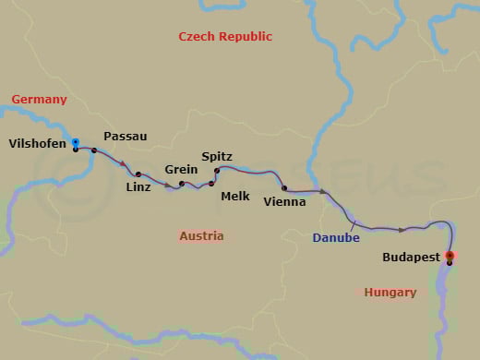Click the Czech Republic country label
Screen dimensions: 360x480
coord(226,37)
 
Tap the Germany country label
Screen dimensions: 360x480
coord(39,99)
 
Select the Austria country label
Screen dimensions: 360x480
coord(201,236)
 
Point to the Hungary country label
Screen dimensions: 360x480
coord(390,293)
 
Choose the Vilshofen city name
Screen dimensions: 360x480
coord(37,143)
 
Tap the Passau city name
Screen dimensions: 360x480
coord(126,137)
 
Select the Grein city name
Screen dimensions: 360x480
coord(181,170)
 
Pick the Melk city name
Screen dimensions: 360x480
coord(235,196)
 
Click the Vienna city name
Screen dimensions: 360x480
coord(284,201)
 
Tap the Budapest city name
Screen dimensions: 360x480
coord(410,258)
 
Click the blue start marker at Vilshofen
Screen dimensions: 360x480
coord(75,142)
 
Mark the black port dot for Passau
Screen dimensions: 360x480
coord(94,150)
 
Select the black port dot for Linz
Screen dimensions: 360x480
coord(138,174)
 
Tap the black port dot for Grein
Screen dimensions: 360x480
coord(182,184)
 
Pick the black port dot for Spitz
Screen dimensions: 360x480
coord(217,171)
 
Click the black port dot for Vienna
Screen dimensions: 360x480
coord(284,187)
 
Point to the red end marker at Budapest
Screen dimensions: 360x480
coord(450,256)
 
